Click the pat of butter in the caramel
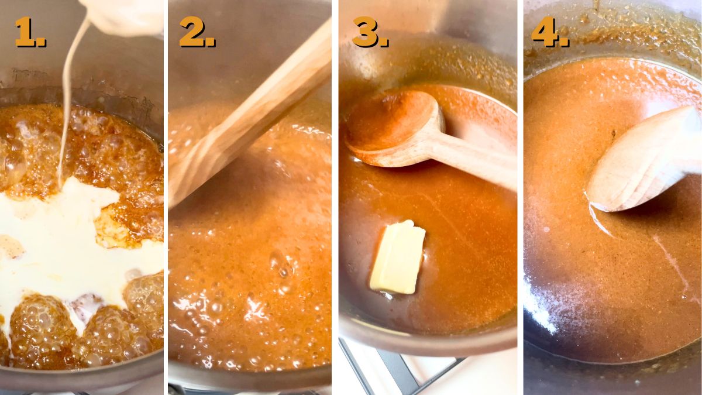coord(398,257)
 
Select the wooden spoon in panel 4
coord(643,161)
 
